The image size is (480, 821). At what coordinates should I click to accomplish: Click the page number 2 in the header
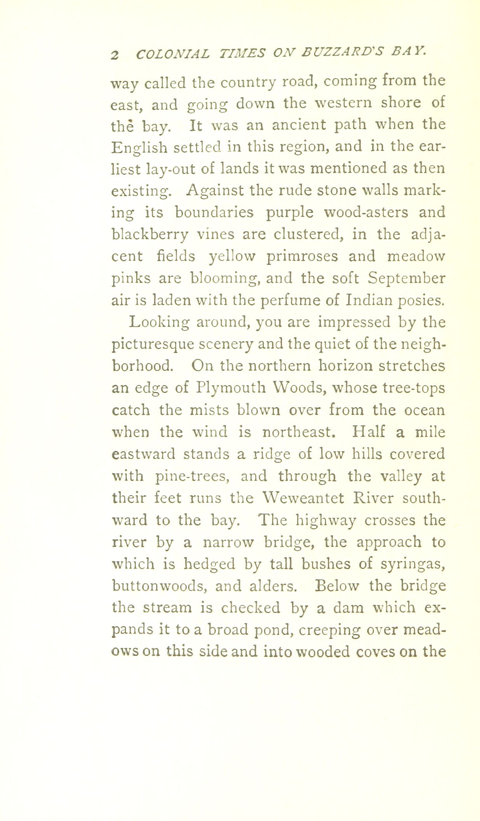[114, 54]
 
